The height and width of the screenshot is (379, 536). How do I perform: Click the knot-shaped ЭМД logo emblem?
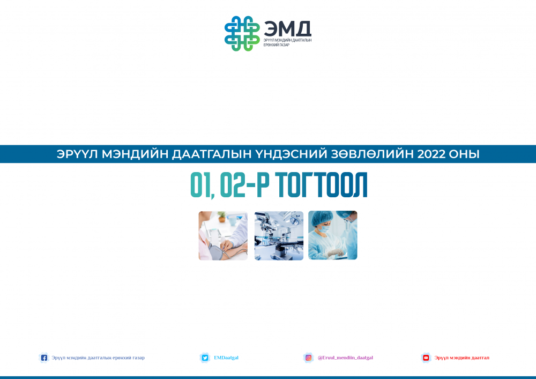click(242, 33)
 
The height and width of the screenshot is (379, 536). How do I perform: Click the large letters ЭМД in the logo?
click(287, 29)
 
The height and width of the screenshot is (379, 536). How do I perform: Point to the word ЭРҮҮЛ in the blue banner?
click(77, 154)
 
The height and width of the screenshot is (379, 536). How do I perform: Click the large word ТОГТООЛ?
click(321, 185)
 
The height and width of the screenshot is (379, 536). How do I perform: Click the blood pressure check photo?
click(223, 235)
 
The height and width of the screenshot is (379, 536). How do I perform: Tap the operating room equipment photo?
click(279, 235)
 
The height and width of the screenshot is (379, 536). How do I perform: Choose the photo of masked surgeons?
click(333, 235)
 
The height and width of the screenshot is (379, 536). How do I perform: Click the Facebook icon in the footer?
click(44, 358)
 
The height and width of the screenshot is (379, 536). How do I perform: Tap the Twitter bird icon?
click(205, 358)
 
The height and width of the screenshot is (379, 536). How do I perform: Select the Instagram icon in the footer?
click(308, 358)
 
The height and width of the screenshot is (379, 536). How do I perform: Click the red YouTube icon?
click(426, 358)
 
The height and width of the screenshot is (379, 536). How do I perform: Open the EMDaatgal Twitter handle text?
click(226, 358)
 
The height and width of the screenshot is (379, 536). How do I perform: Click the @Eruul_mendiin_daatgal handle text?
click(345, 358)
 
